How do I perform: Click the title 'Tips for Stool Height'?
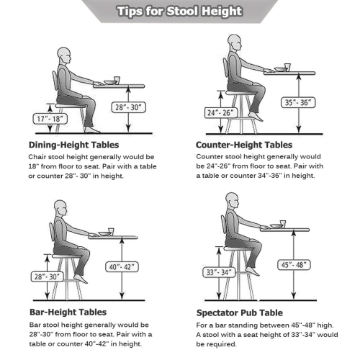tap(180, 12)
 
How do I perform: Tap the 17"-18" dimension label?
tap(50, 119)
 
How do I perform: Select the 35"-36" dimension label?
tap(298, 103)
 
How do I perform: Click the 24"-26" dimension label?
tap(221, 113)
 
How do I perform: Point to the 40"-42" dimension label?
tap(122, 266)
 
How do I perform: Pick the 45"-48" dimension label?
tap(294, 265)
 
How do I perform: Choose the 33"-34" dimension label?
tap(219, 272)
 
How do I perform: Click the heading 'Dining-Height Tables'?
tap(73, 145)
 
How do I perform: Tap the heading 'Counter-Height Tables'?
tap(244, 145)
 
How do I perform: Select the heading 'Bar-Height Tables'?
tap(68, 312)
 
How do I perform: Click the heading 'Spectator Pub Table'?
tap(240, 313)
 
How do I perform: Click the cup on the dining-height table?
tap(117, 80)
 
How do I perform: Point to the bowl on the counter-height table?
tap(281, 69)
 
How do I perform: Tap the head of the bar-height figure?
tap(60, 208)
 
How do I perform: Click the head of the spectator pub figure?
tap(232, 200)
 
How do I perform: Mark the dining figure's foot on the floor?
tap(92, 130)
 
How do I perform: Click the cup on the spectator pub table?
tap(283, 224)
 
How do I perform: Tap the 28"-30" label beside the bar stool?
tap(48, 276)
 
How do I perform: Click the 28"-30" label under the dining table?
tap(129, 107)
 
